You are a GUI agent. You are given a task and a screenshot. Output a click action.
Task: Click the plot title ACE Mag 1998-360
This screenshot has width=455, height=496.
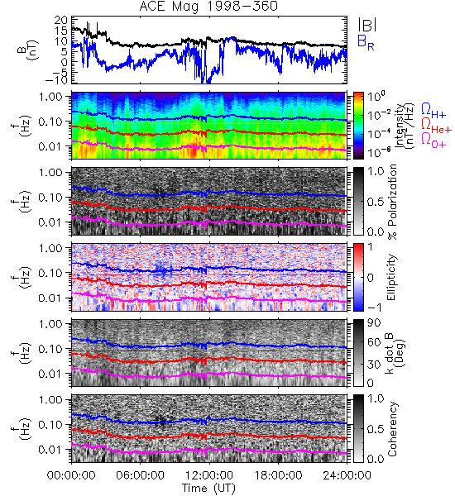tap(208, 6)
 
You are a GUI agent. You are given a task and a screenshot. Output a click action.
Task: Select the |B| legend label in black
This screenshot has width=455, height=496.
tap(367, 25)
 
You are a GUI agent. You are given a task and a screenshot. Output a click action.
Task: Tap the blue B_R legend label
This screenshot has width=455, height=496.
tap(366, 42)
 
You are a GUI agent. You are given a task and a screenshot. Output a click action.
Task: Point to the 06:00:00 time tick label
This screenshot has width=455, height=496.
tap(140, 475)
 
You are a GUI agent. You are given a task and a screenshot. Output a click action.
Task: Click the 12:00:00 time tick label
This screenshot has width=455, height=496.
tap(209, 475)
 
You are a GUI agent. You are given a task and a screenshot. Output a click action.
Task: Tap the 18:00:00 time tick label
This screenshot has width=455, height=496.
tap(278, 475)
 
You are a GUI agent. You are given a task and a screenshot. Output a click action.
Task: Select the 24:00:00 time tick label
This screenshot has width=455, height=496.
tap(347, 475)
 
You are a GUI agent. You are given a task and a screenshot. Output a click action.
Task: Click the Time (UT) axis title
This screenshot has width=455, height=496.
tap(208, 488)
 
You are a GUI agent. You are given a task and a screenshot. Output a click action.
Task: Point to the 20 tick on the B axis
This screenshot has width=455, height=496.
tap(60, 20)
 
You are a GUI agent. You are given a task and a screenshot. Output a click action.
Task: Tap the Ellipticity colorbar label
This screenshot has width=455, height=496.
tap(391, 278)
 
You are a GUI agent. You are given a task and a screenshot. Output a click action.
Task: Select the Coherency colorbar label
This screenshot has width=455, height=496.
tap(391, 429)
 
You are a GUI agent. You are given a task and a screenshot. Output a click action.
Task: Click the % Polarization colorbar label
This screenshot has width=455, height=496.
tap(392, 202)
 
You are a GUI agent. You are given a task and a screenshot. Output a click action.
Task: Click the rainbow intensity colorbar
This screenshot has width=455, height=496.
tap(358, 126)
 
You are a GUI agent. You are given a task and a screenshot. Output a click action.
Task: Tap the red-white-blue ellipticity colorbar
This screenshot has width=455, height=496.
tap(358, 277)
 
